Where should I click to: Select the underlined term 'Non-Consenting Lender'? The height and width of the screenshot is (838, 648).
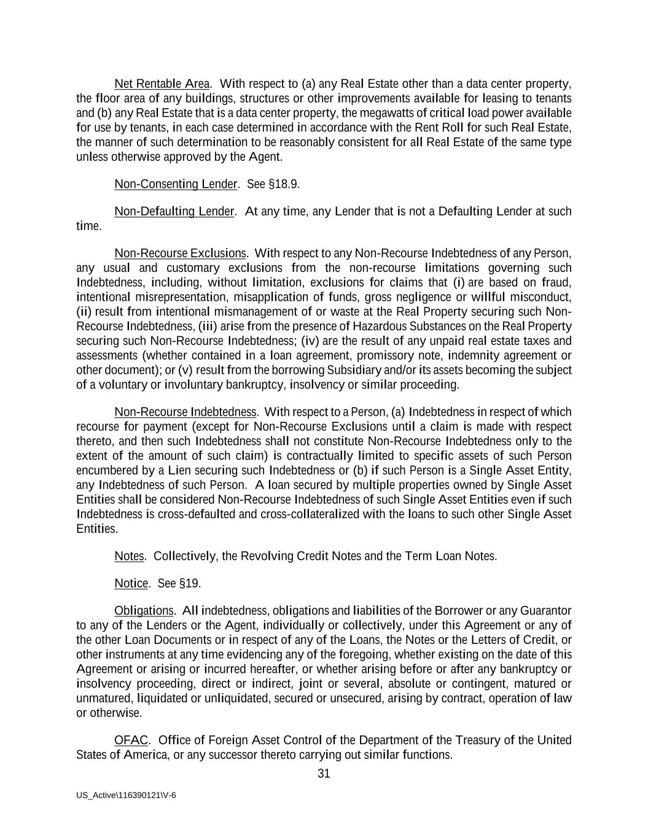coord(176,184)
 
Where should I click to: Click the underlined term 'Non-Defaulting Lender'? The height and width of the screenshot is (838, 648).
coord(174,212)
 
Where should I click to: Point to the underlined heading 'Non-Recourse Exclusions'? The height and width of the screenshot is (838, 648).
coord(180,254)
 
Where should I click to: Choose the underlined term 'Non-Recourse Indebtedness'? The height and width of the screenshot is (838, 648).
coord(185,412)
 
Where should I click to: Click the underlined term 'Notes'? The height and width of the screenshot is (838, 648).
coord(129,556)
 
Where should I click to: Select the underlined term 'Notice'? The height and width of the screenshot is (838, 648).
coord(131,583)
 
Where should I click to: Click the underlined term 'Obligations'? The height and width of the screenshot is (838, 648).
coord(144,611)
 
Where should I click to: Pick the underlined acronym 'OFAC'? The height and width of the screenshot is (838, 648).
coord(131,740)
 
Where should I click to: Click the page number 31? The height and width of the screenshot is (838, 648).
coord(324,774)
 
